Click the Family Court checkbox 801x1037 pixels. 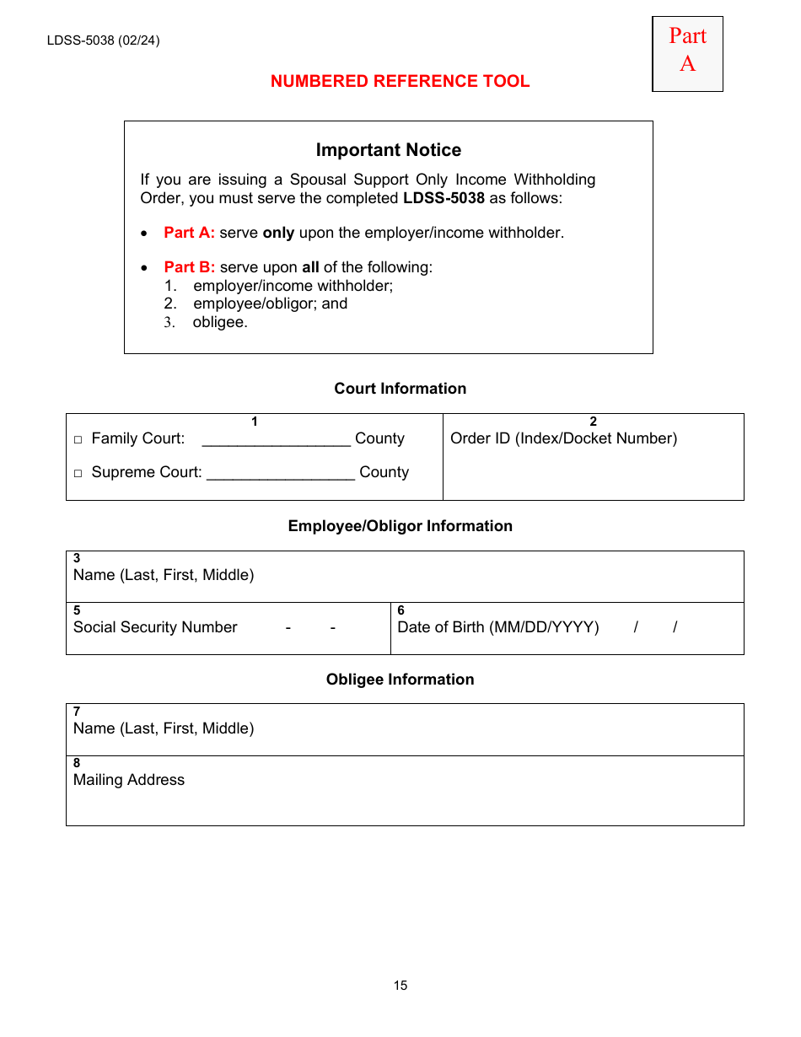pos(78,440)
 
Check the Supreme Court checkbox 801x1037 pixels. pos(78,474)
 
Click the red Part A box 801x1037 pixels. pos(687,53)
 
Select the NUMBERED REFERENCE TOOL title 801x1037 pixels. pos(400,82)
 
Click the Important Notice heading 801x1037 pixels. pos(388,150)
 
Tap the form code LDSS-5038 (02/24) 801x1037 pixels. pos(103,40)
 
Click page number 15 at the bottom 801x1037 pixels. pos(400,986)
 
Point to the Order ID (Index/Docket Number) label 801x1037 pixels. pos(563,438)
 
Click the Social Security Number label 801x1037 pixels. pos(155,627)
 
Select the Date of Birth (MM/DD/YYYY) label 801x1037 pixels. pos(497,627)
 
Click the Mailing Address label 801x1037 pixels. pos(129,780)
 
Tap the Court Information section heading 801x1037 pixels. pos(400,389)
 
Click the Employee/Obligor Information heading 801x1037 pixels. pos(400,526)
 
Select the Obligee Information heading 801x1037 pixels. pos(400,680)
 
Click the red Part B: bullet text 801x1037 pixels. pos(190,267)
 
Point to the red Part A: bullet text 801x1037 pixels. pos(190,233)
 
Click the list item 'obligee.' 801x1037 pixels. pos(220,322)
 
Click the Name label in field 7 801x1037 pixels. pos(164,728)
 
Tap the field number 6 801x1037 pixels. pos(400,610)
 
